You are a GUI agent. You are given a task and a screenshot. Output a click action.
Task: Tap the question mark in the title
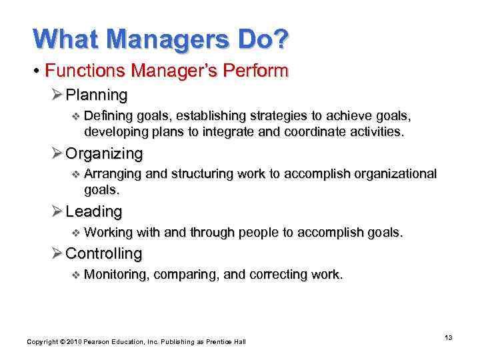click(x=281, y=39)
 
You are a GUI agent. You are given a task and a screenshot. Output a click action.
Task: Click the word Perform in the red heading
click(x=261, y=71)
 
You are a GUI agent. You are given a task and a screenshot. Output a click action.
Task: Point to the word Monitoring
click(x=117, y=275)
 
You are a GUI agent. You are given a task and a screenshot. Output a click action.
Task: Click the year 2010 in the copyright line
click(x=73, y=341)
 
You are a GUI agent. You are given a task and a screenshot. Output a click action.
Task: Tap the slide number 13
click(x=449, y=338)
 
